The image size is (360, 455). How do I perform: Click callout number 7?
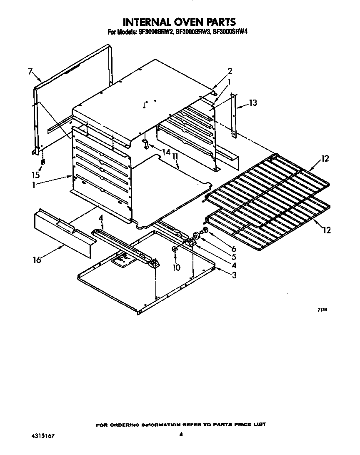coord(30,72)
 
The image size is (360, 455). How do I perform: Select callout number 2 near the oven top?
coord(230,70)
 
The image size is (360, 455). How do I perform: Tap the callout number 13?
coord(253,103)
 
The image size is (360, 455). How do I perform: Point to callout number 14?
coord(166,152)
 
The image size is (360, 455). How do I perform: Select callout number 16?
coord(37,260)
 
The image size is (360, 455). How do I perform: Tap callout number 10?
coord(177,267)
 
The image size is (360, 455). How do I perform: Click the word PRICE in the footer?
coord(241,425)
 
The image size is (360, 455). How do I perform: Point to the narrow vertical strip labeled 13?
coord(234,117)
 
